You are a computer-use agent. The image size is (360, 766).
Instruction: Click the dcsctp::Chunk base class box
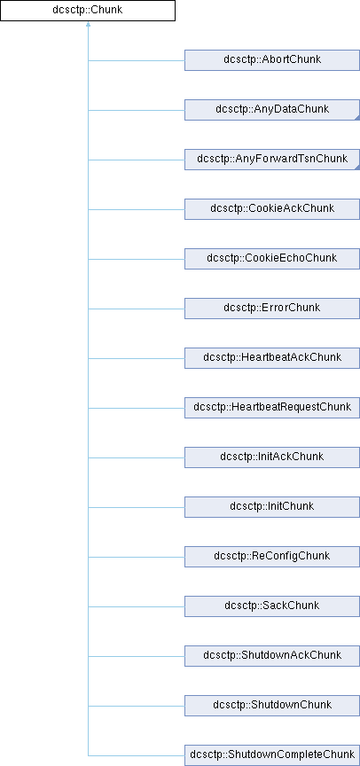[x=88, y=11]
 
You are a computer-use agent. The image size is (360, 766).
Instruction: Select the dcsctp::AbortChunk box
[x=272, y=60]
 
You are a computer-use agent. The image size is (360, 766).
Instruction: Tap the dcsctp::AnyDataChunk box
[x=272, y=110]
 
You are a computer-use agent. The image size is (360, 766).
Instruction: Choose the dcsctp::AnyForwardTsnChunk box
[x=272, y=160]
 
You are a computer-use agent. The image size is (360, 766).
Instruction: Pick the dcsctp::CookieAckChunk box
[x=272, y=209]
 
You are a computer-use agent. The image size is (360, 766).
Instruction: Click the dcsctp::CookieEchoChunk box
[x=272, y=259]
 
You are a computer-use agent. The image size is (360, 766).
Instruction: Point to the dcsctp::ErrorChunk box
[x=272, y=309]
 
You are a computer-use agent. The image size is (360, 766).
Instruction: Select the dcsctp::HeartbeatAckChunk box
[x=272, y=358]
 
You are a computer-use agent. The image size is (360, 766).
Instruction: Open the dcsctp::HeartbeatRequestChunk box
[x=272, y=408]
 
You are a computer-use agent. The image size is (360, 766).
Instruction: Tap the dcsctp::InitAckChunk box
[x=272, y=457]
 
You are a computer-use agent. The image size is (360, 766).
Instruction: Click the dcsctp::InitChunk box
[x=272, y=507]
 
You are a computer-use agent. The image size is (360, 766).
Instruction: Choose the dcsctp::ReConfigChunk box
[x=272, y=557]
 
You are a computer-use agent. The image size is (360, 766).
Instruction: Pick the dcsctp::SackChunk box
[x=272, y=606]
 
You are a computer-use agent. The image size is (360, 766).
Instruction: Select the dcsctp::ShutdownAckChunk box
[x=272, y=656]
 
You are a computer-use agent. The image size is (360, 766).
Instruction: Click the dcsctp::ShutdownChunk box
[x=272, y=706]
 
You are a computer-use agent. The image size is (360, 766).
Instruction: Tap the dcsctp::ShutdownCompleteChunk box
[x=272, y=755]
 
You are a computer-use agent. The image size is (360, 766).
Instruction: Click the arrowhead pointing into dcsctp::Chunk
[x=88, y=24]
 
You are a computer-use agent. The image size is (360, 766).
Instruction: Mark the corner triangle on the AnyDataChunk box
[x=358, y=118]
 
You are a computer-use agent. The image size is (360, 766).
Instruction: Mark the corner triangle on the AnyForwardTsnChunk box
[x=358, y=168]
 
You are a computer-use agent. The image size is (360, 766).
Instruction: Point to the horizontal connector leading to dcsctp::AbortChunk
[x=137, y=60]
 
